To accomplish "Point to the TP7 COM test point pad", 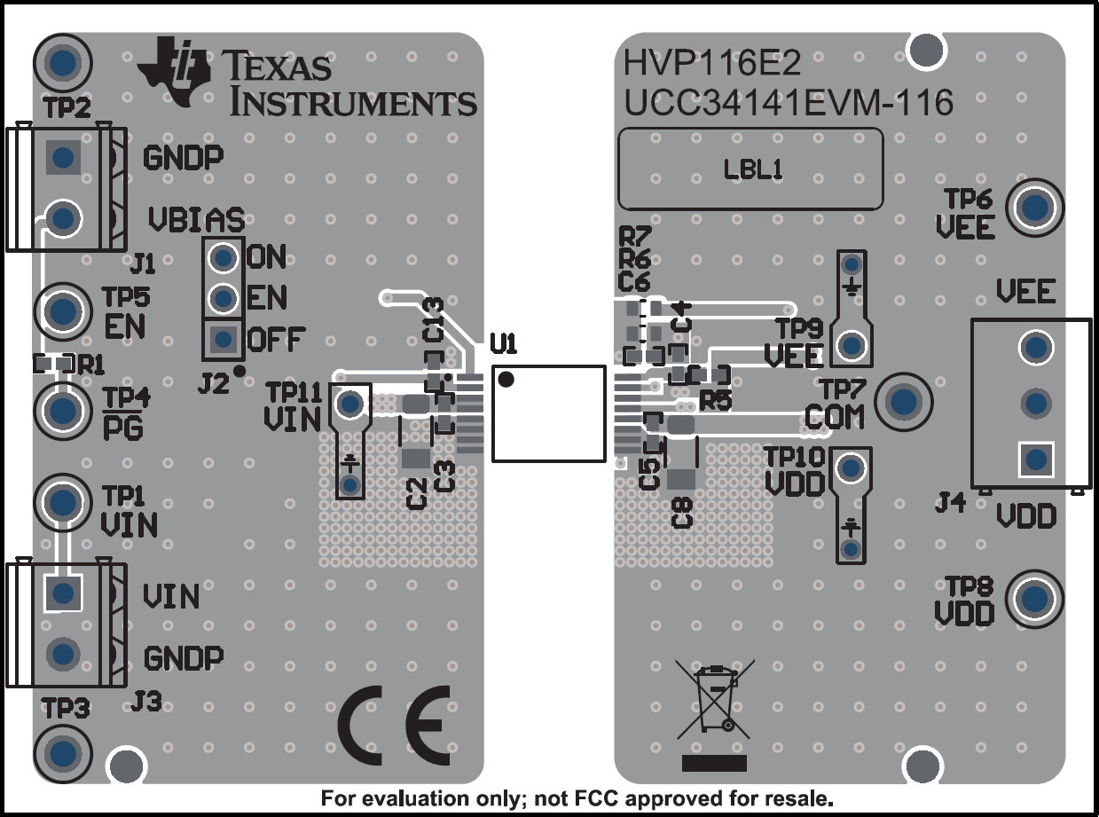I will pyautogui.click(x=904, y=401).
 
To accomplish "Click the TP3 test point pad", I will pyautogui.click(x=62, y=752).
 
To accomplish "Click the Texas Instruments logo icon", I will pyautogui.click(x=174, y=68).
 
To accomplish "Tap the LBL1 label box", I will pyautogui.click(x=750, y=169).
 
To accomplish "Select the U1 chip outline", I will pyautogui.click(x=548, y=412).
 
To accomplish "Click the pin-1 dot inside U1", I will pyautogui.click(x=506, y=380).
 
